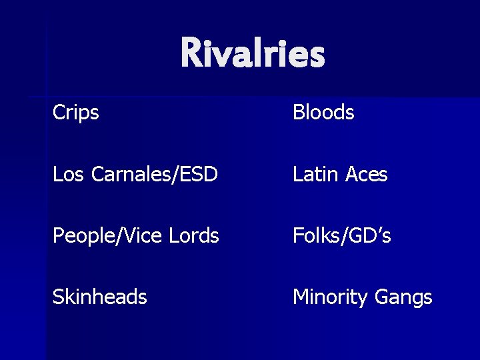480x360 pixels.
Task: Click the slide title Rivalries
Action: [252, 53]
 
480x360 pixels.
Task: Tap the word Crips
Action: [76, 113]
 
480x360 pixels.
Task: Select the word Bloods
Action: [323, 113]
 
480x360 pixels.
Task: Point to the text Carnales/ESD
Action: [153, 175]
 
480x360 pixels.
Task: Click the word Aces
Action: [366, 175]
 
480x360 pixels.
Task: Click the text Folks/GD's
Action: [341, 235]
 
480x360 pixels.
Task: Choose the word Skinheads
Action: [100, 297]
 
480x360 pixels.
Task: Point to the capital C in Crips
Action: [59, 113]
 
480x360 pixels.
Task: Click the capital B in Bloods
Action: [299, 113]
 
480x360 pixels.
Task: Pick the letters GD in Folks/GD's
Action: [360, 235]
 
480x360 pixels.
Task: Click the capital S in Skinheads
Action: [58, 297]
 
